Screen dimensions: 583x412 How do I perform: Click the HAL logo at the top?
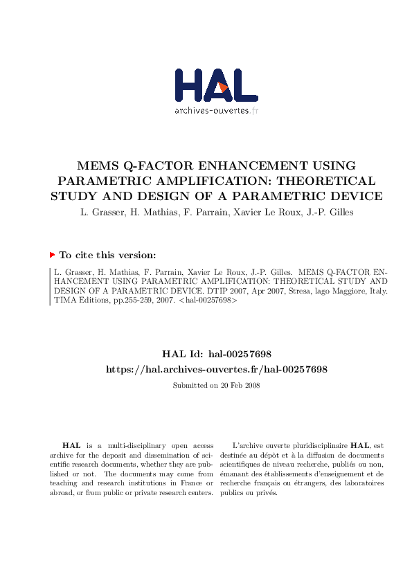coord(216,87)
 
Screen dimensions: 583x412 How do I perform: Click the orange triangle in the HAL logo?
coord(223,87)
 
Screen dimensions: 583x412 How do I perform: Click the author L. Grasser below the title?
coord(99,213)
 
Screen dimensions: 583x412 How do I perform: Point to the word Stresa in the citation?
coord(300,291)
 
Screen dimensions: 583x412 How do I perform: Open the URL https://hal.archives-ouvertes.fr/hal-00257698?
coord(216,369)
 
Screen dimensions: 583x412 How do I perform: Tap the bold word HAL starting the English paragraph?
coord(71,445)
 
